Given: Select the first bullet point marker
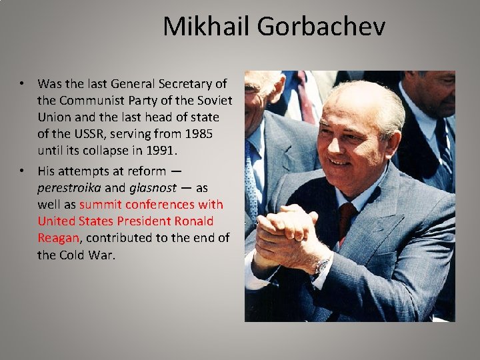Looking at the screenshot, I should point(23,83).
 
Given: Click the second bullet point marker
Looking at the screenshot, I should point(23,170).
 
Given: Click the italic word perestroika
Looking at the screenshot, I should point(69,187).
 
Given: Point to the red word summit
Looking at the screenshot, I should point(99,205).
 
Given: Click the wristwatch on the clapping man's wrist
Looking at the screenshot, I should point(321,267).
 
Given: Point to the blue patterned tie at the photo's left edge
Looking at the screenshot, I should point(251,180).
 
